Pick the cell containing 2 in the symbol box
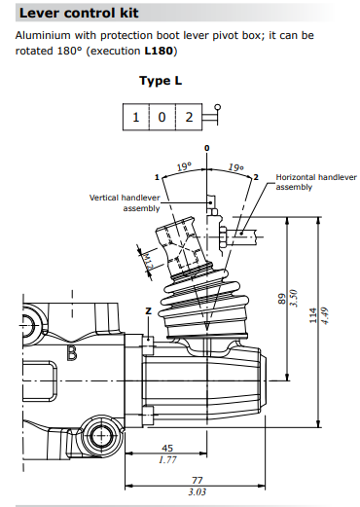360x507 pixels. click(x=190, y=118)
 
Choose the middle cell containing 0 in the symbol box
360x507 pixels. click(x=162, y=118)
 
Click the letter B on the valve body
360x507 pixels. click(x=72, y=353)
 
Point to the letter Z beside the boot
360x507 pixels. click(x=148, y=309)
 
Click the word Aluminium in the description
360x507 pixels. click(x=41, y=35)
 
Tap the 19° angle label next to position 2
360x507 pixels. click(x=234, y=168)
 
